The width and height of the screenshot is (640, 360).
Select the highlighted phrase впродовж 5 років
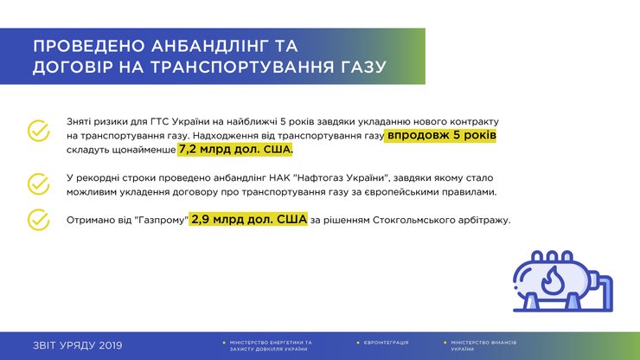(442, 136)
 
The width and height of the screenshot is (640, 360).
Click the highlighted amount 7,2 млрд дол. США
(235, 150)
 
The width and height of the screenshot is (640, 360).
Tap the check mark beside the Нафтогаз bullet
(39, 183)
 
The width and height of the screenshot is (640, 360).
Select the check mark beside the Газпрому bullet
(39, 220)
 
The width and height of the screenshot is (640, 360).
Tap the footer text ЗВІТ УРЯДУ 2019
(77, 345)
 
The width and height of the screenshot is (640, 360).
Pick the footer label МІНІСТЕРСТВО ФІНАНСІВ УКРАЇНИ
(480, 345)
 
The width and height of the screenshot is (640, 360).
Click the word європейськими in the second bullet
(434, 191)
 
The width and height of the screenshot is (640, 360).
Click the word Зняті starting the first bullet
(80, 122)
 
